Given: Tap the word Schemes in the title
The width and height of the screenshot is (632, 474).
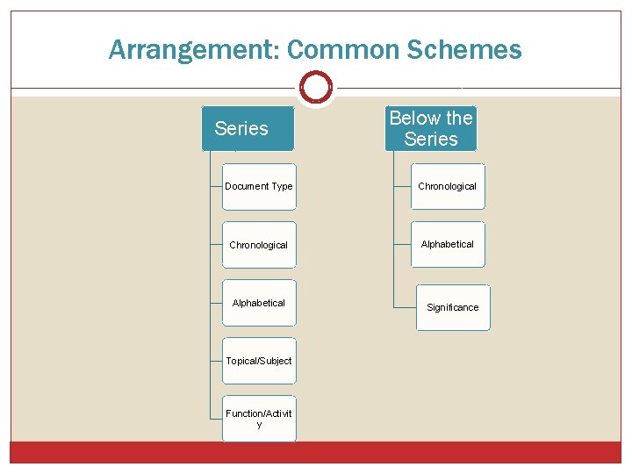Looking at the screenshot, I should coord(465,50).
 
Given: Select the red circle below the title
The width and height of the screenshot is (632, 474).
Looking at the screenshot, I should coord(316,88).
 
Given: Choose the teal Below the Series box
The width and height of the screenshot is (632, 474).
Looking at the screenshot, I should coord(430,129).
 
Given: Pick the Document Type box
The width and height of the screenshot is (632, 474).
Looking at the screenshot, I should coord(259,187).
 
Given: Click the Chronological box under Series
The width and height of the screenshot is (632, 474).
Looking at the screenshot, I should coord(259,245).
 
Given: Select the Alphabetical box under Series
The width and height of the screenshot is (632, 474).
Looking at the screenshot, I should coord(259,303).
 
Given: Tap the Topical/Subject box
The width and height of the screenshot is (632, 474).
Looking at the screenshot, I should coord(259,361).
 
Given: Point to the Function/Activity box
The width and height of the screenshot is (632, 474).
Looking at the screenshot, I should coord(259,419).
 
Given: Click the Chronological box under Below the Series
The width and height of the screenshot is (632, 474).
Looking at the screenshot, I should coord(448,186).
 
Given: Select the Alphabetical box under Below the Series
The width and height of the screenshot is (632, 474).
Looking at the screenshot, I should coord(448,244).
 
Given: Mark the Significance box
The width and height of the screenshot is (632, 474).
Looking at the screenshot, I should coord(453,307).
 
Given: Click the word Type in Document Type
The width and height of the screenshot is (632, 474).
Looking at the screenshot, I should coord(282,187).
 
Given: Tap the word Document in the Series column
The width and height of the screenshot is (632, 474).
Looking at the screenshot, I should coord(247,187).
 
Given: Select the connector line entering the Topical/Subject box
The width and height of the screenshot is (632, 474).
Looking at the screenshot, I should coord(215,361).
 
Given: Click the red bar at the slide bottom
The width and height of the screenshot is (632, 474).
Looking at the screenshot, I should coord(316,452).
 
